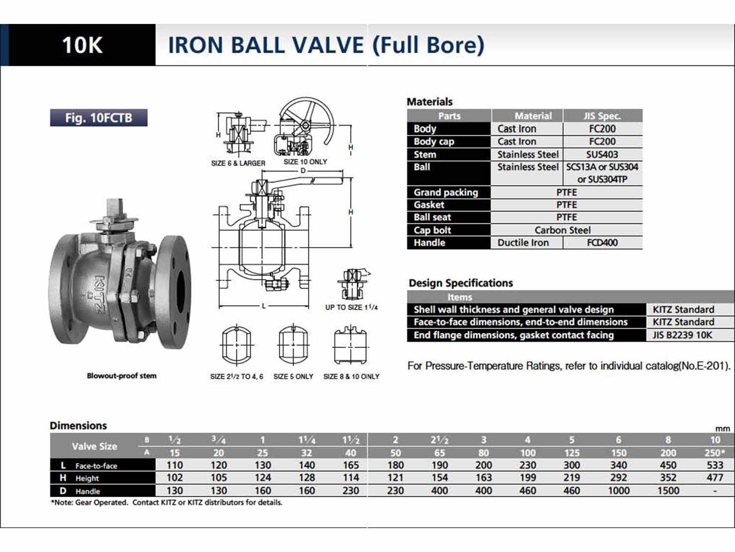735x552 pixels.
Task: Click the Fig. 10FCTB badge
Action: [x=99, y=118]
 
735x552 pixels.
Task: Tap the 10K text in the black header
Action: [x=82, y=45]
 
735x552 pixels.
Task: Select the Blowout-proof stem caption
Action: [x=121, y=376]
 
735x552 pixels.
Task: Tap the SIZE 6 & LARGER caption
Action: [x=238, y=163]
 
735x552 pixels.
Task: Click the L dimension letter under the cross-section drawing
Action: [x=264, y=306]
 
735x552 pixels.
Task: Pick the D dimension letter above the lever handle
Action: [x=303, y=171]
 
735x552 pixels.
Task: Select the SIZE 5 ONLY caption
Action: [x=293, y=377]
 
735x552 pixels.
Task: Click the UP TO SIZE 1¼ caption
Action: [x=351, y=307]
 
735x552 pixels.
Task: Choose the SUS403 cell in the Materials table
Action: [x=602, y=154]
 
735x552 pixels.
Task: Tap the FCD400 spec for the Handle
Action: [x=602, y=243]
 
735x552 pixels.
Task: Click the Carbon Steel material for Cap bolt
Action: [x=562, y=230]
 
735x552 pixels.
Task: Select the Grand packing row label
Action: [x=446, y=192]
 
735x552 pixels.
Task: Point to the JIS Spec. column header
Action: [x=602, y=116]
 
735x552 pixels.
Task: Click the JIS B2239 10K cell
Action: [x=682, y=335]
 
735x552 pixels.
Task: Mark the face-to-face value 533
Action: [x=715, y=465]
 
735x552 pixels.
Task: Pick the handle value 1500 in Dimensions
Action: [x=668, y=491]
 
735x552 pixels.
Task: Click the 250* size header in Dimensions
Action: [x=715, y=453]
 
